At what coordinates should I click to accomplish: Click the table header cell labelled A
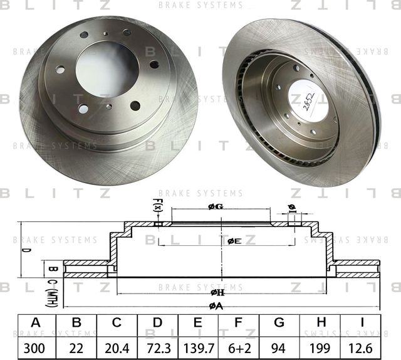coord(36,323)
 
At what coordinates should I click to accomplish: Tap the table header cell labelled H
coord(320,323)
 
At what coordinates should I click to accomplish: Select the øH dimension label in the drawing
coord(217,292)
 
